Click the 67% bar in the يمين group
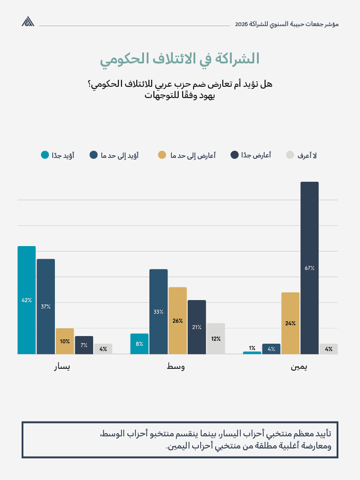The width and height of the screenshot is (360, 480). tap(309, 268)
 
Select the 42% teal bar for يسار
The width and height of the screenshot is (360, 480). tap(27, 300)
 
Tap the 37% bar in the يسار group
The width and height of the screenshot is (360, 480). tap(45, 306)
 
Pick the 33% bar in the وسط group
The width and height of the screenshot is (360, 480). tap(158, 311)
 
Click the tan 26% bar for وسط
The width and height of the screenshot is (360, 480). tap(177, 320)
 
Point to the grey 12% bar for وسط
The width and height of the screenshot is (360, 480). tap(216, 338)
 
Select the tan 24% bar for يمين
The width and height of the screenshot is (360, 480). tap(290, 323)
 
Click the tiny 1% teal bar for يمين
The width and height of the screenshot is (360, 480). tap(252, 353)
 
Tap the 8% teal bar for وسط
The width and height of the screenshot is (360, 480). tap(139, 344)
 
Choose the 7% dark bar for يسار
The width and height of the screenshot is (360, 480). tap(84, 345)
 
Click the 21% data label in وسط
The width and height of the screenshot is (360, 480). tap(197, 327)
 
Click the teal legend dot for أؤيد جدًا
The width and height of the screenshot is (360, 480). tap(45, 155)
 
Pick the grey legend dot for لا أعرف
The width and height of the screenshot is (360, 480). tap(290, 155)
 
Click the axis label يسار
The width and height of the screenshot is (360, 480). tap(62, 367)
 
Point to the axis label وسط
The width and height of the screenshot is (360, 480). tap(175, 367)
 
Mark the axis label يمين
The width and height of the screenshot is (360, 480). tap(299, 367)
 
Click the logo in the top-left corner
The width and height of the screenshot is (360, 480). tap(28, 22)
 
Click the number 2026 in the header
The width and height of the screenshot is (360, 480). tap(242, 24)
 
